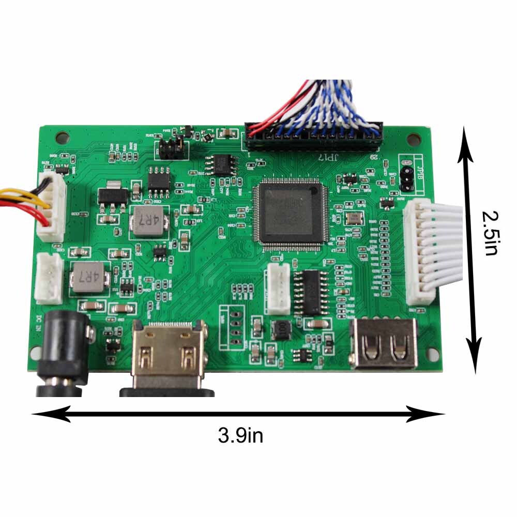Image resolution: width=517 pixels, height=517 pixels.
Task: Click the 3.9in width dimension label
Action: (240, 435)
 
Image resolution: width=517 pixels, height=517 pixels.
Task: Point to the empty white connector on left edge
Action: (49, 279)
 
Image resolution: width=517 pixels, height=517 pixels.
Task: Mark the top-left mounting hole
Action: (63, 138)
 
